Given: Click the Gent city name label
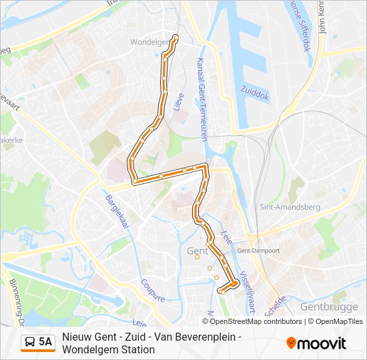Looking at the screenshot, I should (198, 251).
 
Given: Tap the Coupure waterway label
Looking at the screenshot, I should (153, 289).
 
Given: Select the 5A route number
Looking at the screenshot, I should (45, 343).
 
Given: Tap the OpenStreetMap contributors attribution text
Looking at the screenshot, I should (247, 321).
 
